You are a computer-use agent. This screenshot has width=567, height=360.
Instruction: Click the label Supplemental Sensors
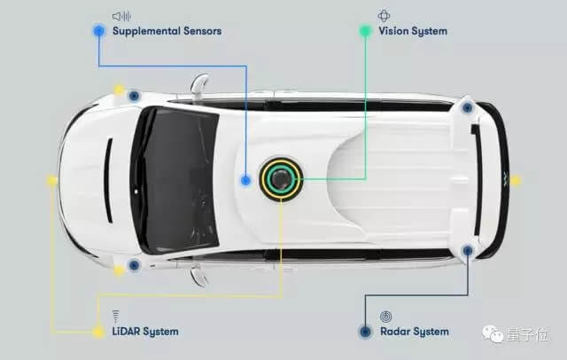pos(167,31)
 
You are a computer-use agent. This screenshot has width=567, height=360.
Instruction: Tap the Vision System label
pos(413,31)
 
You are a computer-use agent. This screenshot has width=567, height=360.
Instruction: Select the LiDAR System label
pos(145,332)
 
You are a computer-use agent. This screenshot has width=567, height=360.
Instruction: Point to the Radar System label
pos(414,332)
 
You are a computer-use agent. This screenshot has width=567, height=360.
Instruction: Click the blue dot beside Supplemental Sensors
pos(98,30)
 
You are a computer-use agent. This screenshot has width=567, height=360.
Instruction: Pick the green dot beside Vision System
pos(364,30)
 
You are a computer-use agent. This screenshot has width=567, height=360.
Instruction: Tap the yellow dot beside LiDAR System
pos(97,332)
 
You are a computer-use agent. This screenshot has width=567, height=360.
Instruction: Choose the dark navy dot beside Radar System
pos(364,332)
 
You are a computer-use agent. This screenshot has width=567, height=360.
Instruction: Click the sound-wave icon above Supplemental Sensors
pos(121,16)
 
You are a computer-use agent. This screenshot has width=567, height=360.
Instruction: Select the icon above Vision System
pos(384,15)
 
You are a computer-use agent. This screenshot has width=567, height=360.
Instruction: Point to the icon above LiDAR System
pos(116,316)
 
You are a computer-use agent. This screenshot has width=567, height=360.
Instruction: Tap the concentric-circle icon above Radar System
pos(385,316)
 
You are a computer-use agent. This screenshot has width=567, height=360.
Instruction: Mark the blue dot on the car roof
pos(245,180)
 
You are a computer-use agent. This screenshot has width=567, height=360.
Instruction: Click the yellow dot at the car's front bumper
pos(52,180)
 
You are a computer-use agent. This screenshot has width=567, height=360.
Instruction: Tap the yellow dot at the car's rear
pos(516,180)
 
